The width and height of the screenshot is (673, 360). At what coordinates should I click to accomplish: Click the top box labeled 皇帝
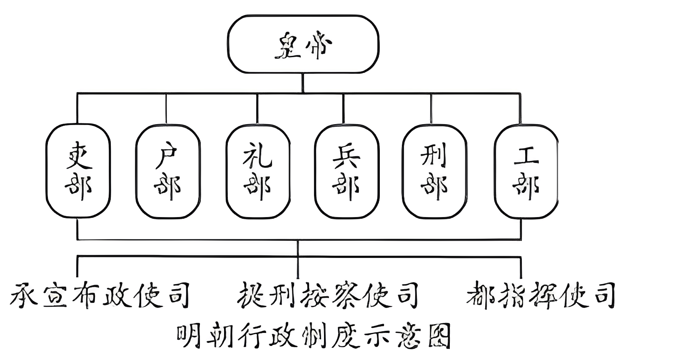(x=303, y=45)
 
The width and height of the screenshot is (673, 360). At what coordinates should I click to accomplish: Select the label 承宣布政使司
(x=100, y=295)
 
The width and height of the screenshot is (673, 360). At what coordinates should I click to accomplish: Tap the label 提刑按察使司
(x=328, y=295)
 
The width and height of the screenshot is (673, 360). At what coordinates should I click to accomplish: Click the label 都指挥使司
(x=541, y=295)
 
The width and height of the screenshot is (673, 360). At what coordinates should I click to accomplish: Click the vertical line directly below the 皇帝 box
(x=303, y=83)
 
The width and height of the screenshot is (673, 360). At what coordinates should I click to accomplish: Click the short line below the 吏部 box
(x=78, y=228)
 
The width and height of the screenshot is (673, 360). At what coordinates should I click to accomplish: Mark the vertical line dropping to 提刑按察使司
(x=298, y=267)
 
